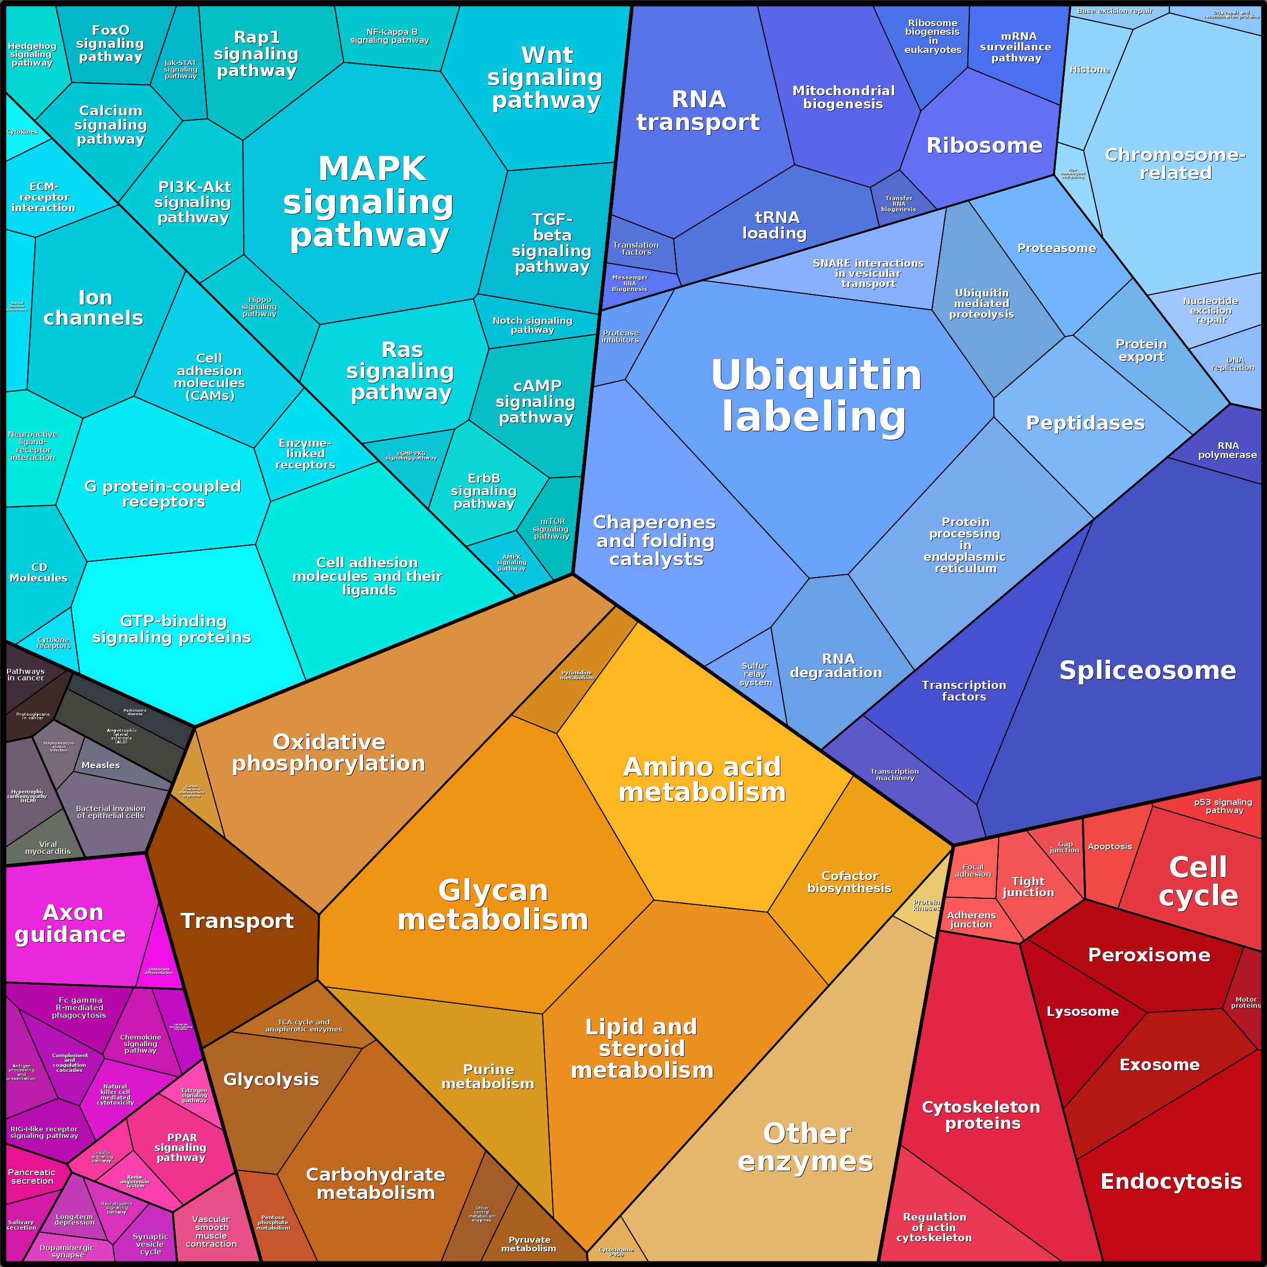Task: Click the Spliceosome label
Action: click(1147, 670)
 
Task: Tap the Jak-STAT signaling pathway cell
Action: click(181, 70)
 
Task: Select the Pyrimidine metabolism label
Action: click(577, 675)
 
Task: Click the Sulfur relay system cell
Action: click(755, 674)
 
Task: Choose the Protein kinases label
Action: click(926, 905)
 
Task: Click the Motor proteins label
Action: click(1245, 1002)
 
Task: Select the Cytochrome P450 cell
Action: click(616, 1252)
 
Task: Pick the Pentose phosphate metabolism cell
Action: click(272, 1223)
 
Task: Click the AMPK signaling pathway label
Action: click(511, 563)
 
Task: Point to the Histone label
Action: click(1089, 70)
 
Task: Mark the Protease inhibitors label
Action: click(620, 336)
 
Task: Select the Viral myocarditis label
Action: click(48, 848)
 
